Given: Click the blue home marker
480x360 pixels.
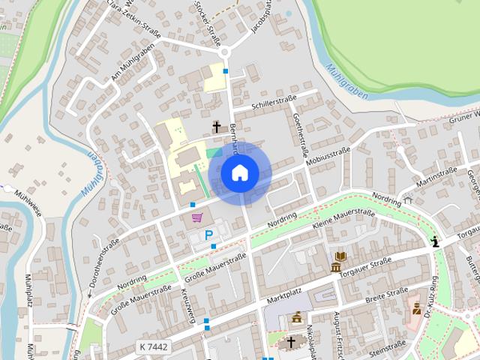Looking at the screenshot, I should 239,173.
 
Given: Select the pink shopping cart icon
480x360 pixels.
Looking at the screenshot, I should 196,217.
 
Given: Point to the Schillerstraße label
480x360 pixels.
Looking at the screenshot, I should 275,100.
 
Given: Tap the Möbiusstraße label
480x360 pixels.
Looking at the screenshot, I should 328,156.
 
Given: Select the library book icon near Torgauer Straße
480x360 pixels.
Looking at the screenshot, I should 340,256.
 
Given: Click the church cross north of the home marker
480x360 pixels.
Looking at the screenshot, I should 217,127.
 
